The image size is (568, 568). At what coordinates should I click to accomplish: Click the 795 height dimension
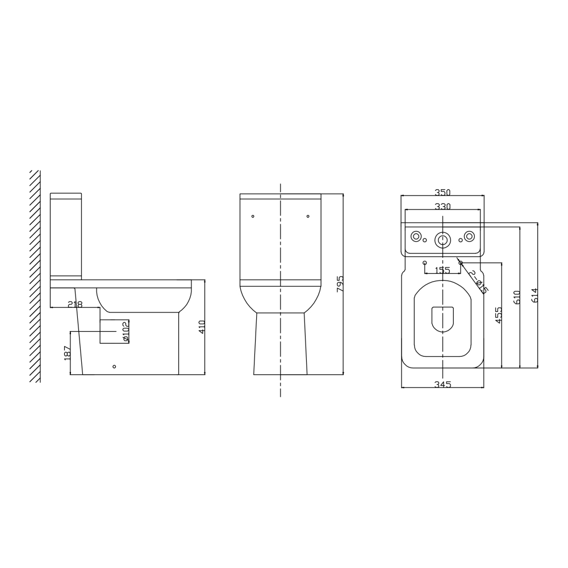pos(340,284)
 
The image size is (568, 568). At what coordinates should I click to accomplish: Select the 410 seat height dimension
pos(202,327)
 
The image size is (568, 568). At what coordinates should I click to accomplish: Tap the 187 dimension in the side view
pos(67,353)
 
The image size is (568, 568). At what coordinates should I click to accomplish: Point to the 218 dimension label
pos(76,304)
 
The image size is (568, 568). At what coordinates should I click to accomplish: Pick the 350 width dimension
pos(442,193)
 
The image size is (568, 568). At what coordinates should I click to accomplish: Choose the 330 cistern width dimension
pos(442,207)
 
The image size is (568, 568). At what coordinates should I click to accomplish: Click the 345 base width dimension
pos(442,385)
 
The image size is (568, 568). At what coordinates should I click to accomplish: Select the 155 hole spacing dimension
pos(442,270)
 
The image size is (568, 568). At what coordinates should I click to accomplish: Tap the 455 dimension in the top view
pos(499,315)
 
